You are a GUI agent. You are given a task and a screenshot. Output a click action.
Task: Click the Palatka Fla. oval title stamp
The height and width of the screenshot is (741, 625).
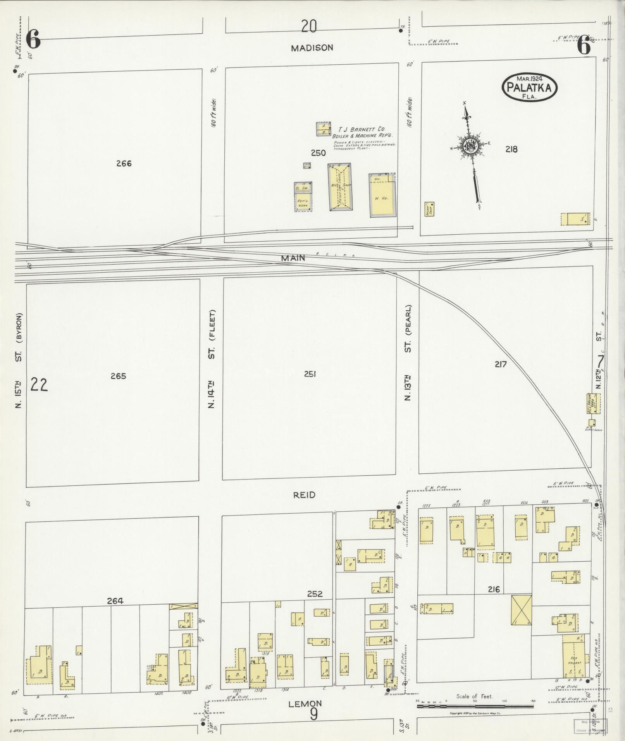pyautogui.click(x=529, y=87)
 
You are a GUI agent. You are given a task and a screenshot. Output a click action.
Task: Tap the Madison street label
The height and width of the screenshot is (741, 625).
pyautogui.click(x=312, y=48)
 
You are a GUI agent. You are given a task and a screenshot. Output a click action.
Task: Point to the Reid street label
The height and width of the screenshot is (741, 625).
pyautogui.click(x=304, y=495)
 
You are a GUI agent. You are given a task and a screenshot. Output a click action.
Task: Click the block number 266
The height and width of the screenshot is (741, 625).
pyautogui.click(x=124, y=163)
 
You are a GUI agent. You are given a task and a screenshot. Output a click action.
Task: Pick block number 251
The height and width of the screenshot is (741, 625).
pyautogui.click(x=310, y=374)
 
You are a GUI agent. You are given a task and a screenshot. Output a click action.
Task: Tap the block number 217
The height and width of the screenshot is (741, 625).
pyautogui.click(x=500, y=364)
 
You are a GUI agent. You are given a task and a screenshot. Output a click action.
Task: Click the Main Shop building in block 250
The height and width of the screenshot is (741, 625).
pyautogui.click(x=340, y=187)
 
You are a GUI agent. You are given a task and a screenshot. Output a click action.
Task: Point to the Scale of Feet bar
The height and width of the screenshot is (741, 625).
pyautogui.click(x=475, y=706)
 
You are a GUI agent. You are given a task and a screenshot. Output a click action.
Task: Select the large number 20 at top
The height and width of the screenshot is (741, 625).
pyautogui.click(x=309, y=26)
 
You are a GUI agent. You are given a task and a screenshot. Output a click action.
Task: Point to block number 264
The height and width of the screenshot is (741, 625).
pyautogui.click(x=115, y=601)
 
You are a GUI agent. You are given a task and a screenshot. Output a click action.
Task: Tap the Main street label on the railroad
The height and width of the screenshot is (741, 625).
pyautogui.click(x=293, y=258)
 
